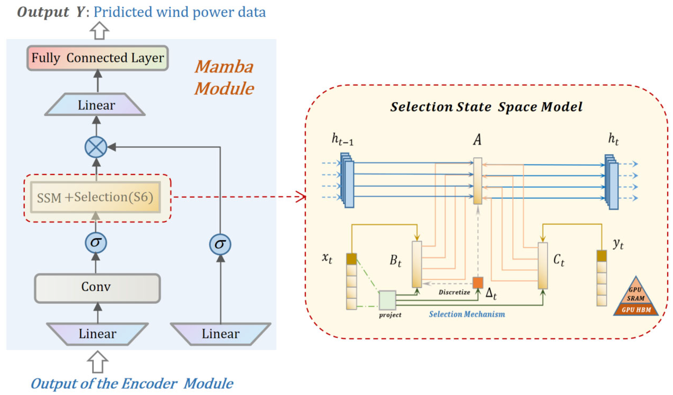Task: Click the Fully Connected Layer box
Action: (97, 58)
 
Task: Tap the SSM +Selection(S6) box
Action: (95, 197)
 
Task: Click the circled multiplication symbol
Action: (96, 147)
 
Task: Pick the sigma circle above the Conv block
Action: (96, 243)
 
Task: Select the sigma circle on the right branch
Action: (220, 244)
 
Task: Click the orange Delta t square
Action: (478, 283)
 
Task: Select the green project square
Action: (387, 300)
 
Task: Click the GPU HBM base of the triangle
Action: (636, 310)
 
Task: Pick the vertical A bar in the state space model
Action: (478, 181)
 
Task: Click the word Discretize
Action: (454, 292)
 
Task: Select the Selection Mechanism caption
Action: (467, 314)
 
